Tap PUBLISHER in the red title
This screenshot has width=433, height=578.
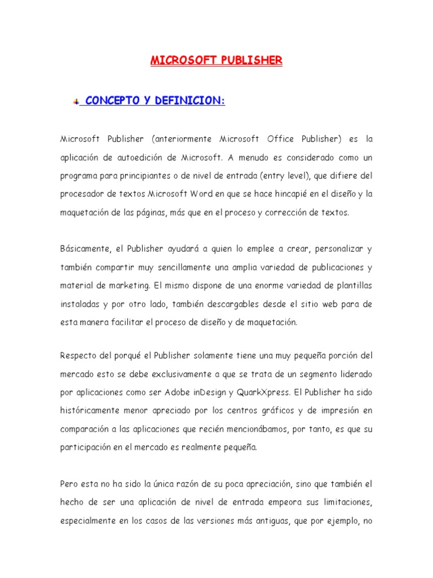(249, 60)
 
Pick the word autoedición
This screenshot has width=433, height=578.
(148, 157)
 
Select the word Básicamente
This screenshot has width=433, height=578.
(83, 249)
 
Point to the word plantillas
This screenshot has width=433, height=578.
(352, 286)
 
